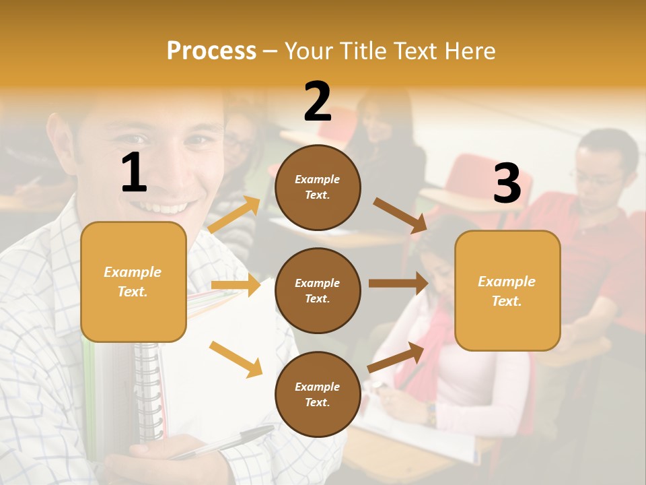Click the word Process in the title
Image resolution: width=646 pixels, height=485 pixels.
pos(211,51)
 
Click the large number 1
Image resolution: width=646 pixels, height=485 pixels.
pos(134,173)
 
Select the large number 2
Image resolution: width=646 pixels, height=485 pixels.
pos(318,102)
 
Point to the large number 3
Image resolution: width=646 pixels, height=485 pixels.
pos(507,184)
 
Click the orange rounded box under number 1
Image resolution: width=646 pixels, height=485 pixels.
pos(133,282)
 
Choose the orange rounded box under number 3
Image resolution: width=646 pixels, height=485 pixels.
pos(507,290)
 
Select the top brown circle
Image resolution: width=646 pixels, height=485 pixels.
pos(318,187)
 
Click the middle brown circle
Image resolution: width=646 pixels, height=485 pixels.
pos(318,290)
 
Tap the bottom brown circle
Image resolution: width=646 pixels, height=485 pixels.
pos(318,394)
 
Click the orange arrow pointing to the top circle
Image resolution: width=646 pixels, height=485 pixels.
pos(234,215)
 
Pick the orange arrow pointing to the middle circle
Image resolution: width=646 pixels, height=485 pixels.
pos(236,285)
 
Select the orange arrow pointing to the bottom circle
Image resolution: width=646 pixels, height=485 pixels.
pos(236,359)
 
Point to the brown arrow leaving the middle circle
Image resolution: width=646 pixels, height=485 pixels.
pos(398,284)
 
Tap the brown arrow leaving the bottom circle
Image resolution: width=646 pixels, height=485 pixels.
pos(396,357)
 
